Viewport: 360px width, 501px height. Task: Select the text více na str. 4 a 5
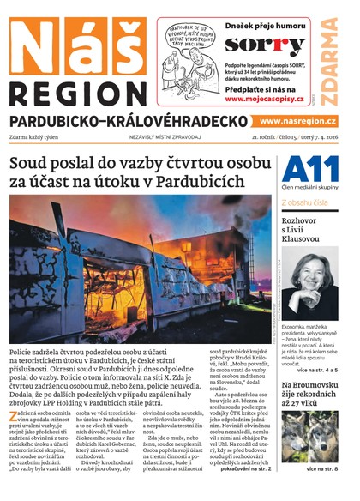click(316, 369)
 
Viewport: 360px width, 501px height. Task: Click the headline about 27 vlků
click(309, 395)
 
